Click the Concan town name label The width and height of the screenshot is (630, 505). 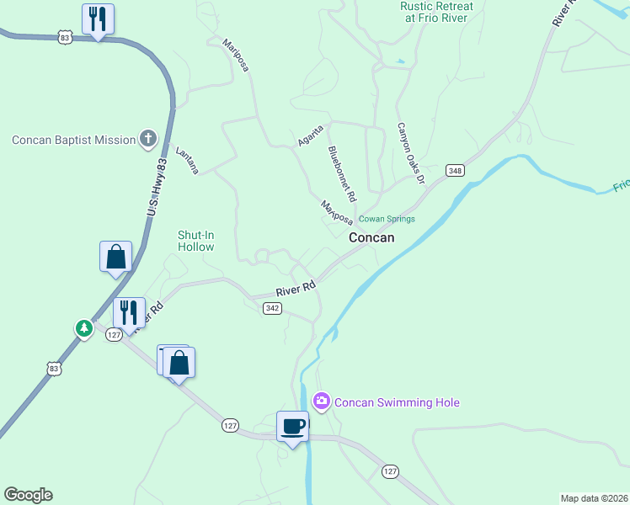pos(371,238)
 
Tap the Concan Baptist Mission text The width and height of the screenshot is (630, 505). pos(74,140)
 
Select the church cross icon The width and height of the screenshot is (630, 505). pos(148,139)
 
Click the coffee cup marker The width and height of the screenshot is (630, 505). pos(292,427)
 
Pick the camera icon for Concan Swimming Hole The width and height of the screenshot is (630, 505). pos(321,402)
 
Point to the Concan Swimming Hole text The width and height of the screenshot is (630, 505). pos(397,402)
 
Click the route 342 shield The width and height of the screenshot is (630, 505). pos(271,309)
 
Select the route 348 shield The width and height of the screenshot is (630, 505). pos(455,171)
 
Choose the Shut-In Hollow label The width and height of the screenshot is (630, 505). pos(195,241)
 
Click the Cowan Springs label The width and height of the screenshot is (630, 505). pos(387,219)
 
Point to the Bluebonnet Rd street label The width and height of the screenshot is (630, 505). pos(342,173)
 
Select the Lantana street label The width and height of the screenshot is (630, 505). pos(187,160)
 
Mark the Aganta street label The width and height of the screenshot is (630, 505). pos(310,137)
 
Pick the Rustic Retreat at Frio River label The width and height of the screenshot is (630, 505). pos(435,13)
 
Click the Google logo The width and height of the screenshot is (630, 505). pos(28,495)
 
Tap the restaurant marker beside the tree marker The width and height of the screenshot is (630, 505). pos(129,312)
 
